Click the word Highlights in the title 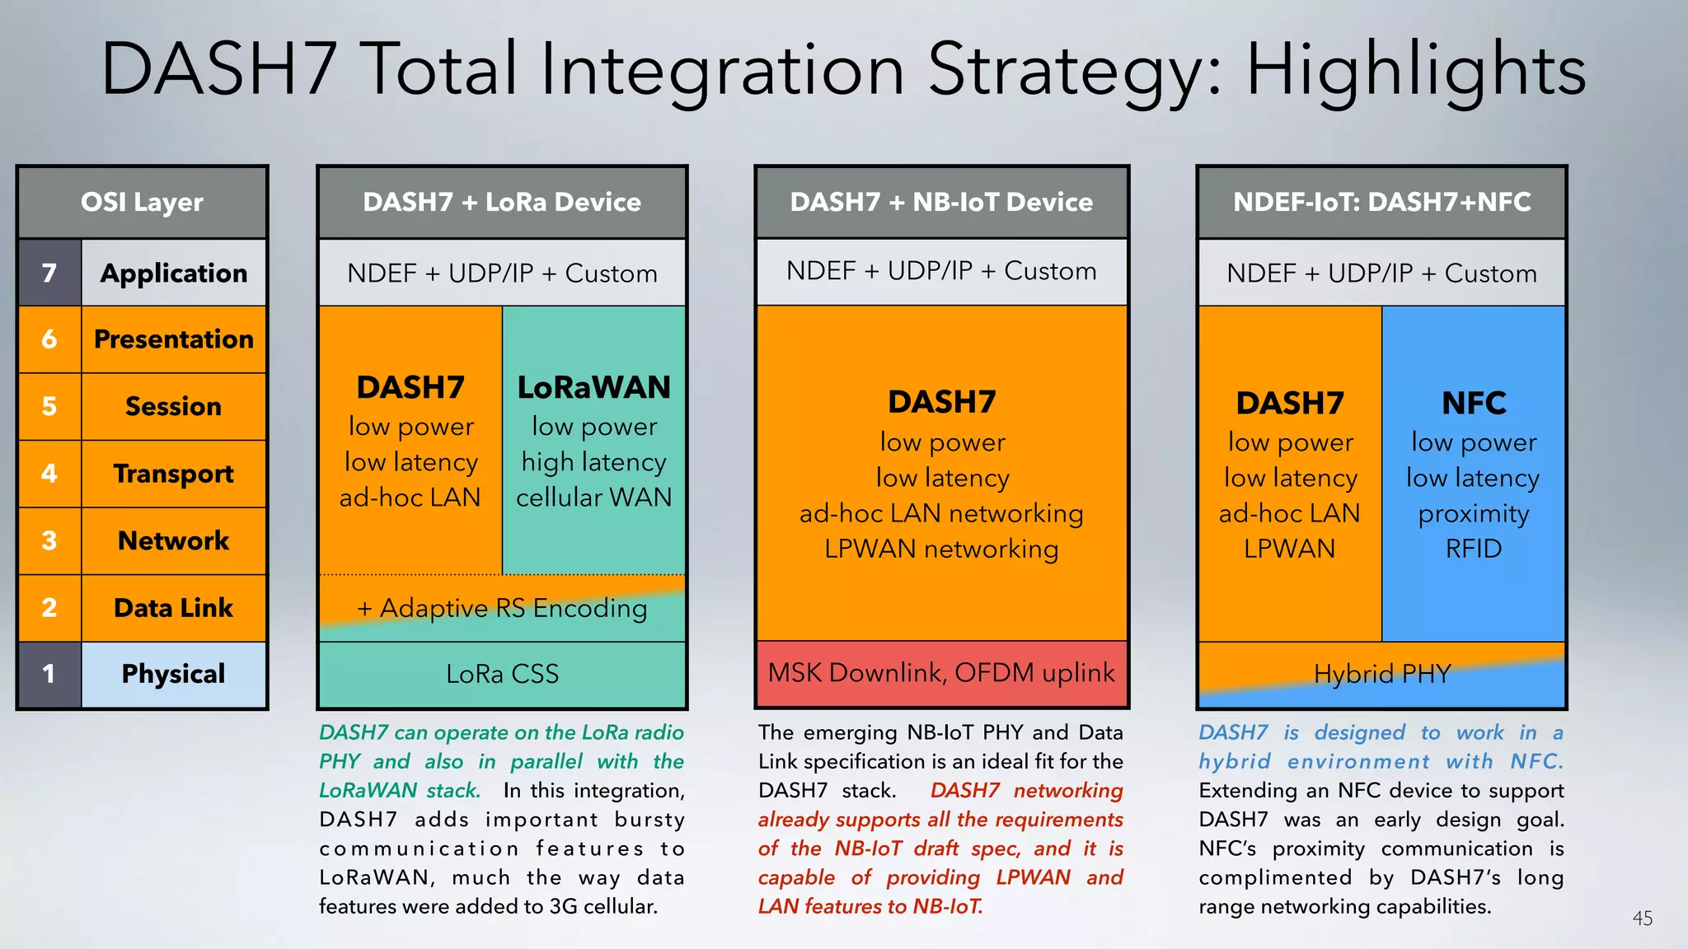[1414, 71]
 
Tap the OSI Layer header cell [142, 203]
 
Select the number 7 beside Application [49, 273]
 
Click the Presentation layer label [173, 339]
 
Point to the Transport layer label [173, 474]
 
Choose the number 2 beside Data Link [49, 608]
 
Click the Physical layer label [173, 675]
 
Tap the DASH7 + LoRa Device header [502, 203]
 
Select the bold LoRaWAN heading [593, 388]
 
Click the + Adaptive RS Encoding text [502, 609]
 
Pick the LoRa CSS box [502, 675]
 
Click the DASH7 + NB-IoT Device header [941, 203]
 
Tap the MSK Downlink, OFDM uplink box [941, 673]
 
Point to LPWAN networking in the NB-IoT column [941, 549]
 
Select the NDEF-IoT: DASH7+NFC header [1381, 203]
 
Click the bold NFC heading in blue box [1474, 404]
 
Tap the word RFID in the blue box [1474, 549]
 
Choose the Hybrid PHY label [1381, 675]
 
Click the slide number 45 [1642, 919]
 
